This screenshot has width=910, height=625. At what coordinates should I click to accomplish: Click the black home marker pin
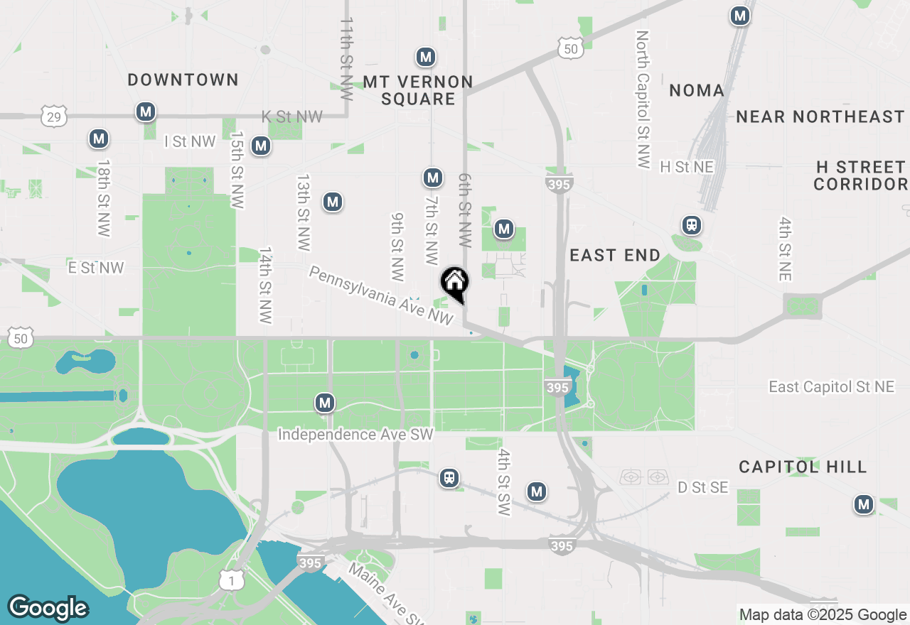[x=454, y=283]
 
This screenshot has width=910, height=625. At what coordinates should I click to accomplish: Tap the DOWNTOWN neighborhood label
[x=183, y=80]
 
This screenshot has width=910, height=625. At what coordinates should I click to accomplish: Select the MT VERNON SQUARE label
[x=418, y=90]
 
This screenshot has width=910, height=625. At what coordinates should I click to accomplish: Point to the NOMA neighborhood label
[x=697, y=90]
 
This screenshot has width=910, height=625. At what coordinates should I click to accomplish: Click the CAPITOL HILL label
[x=803, y=467]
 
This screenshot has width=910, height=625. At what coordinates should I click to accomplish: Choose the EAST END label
[x=615, y=255]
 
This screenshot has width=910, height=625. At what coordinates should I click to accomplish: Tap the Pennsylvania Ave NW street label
[x=381, y=296]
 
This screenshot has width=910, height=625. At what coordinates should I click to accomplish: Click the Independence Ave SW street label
[x=355, y=434]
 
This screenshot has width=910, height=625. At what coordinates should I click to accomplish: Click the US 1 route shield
[x=230, y=580]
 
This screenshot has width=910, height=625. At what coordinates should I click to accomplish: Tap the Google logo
[x=48, y=608]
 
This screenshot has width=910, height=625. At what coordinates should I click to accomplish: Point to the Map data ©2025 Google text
[x=822, y=615]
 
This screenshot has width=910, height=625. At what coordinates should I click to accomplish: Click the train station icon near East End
[x=691, y=226]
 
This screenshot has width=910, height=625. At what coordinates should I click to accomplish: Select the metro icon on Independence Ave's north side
[x=325, y=403]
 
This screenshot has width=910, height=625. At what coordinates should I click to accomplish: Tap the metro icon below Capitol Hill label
[x=864, y=505]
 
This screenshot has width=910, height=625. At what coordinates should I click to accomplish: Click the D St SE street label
[x=702, y=487]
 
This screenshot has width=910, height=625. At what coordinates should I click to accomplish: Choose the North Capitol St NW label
[x=643, y=99]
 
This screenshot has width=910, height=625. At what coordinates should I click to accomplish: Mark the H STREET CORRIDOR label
[x=860, y=175]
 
